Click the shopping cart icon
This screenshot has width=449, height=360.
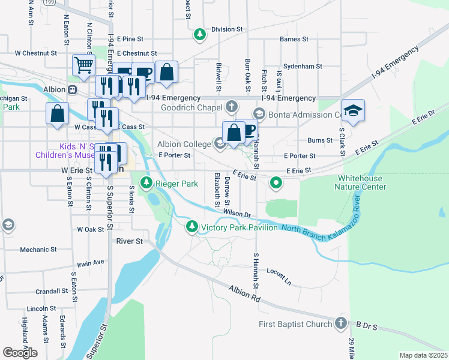[x=83, y=64]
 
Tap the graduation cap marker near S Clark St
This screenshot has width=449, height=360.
[x=353, y=110]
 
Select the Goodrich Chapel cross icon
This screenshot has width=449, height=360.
[x=232, y=107]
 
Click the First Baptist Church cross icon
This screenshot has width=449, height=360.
[x=340, y=324]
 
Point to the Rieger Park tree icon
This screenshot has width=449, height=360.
[x=146, y=183]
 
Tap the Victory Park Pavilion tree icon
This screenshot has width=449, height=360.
[x=191, y=227]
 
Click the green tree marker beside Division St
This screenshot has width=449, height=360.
[x=200, y=35]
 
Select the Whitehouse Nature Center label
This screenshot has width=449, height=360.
[x=361, y=182]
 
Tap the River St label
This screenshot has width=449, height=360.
[x=130, y=241]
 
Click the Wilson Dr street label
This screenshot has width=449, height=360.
[x=236, y=212]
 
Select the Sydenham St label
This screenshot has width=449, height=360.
[x=303, y=67]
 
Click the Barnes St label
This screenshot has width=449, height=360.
[x=294, y=40]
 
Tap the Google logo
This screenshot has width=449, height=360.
[x=20, y=353]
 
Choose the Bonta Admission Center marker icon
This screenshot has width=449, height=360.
[x=259, y=113]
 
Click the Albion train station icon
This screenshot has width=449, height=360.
[x=71, y=89]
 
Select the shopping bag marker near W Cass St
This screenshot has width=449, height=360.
[x=57, y=113]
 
